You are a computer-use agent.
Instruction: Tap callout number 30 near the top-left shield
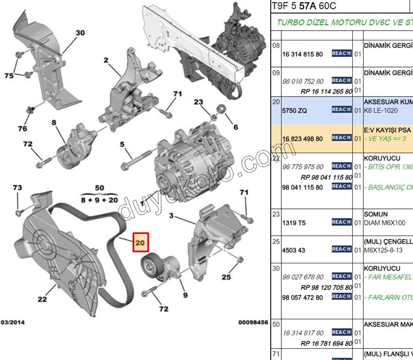[80, 33]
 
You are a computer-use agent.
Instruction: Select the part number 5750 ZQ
[294, 111]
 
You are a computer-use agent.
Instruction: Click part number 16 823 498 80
[302, 138]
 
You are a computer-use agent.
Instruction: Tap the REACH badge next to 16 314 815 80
[342, 53]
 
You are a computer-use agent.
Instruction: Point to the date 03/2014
[13, 322]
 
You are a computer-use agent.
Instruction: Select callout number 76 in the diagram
[22, 129]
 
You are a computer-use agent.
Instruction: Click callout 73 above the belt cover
[17, 188]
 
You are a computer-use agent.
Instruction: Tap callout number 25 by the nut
[226, 277]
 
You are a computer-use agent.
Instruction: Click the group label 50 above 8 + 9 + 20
[99, 188]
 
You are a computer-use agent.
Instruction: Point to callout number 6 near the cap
[236, 127]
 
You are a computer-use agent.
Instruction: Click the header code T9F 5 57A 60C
[303, 6]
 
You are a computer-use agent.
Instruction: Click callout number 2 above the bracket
[105, 60]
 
